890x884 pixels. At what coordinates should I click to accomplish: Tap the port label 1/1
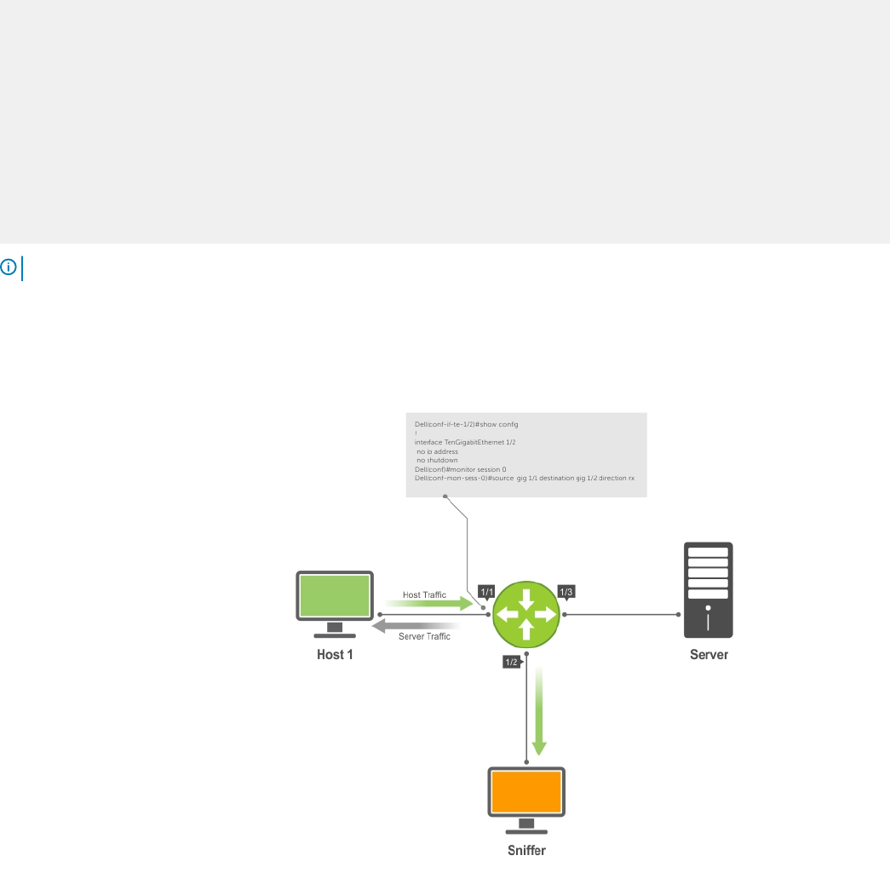[486, 591]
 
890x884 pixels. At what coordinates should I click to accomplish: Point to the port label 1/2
[512, 662]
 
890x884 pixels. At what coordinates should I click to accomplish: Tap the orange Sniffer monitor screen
[526, 792]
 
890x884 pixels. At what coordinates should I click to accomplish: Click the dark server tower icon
[709, 589]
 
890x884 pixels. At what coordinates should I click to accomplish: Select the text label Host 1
[335, 655]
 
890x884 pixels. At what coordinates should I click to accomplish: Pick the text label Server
[709, 655]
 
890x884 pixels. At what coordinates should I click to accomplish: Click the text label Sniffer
[526, 851]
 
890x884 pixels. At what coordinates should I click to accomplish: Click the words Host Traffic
[424, 594]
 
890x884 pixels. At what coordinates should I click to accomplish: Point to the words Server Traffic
[424, 637]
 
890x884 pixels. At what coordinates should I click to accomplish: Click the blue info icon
[9, 267]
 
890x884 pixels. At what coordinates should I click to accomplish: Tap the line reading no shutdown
[437, 460]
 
